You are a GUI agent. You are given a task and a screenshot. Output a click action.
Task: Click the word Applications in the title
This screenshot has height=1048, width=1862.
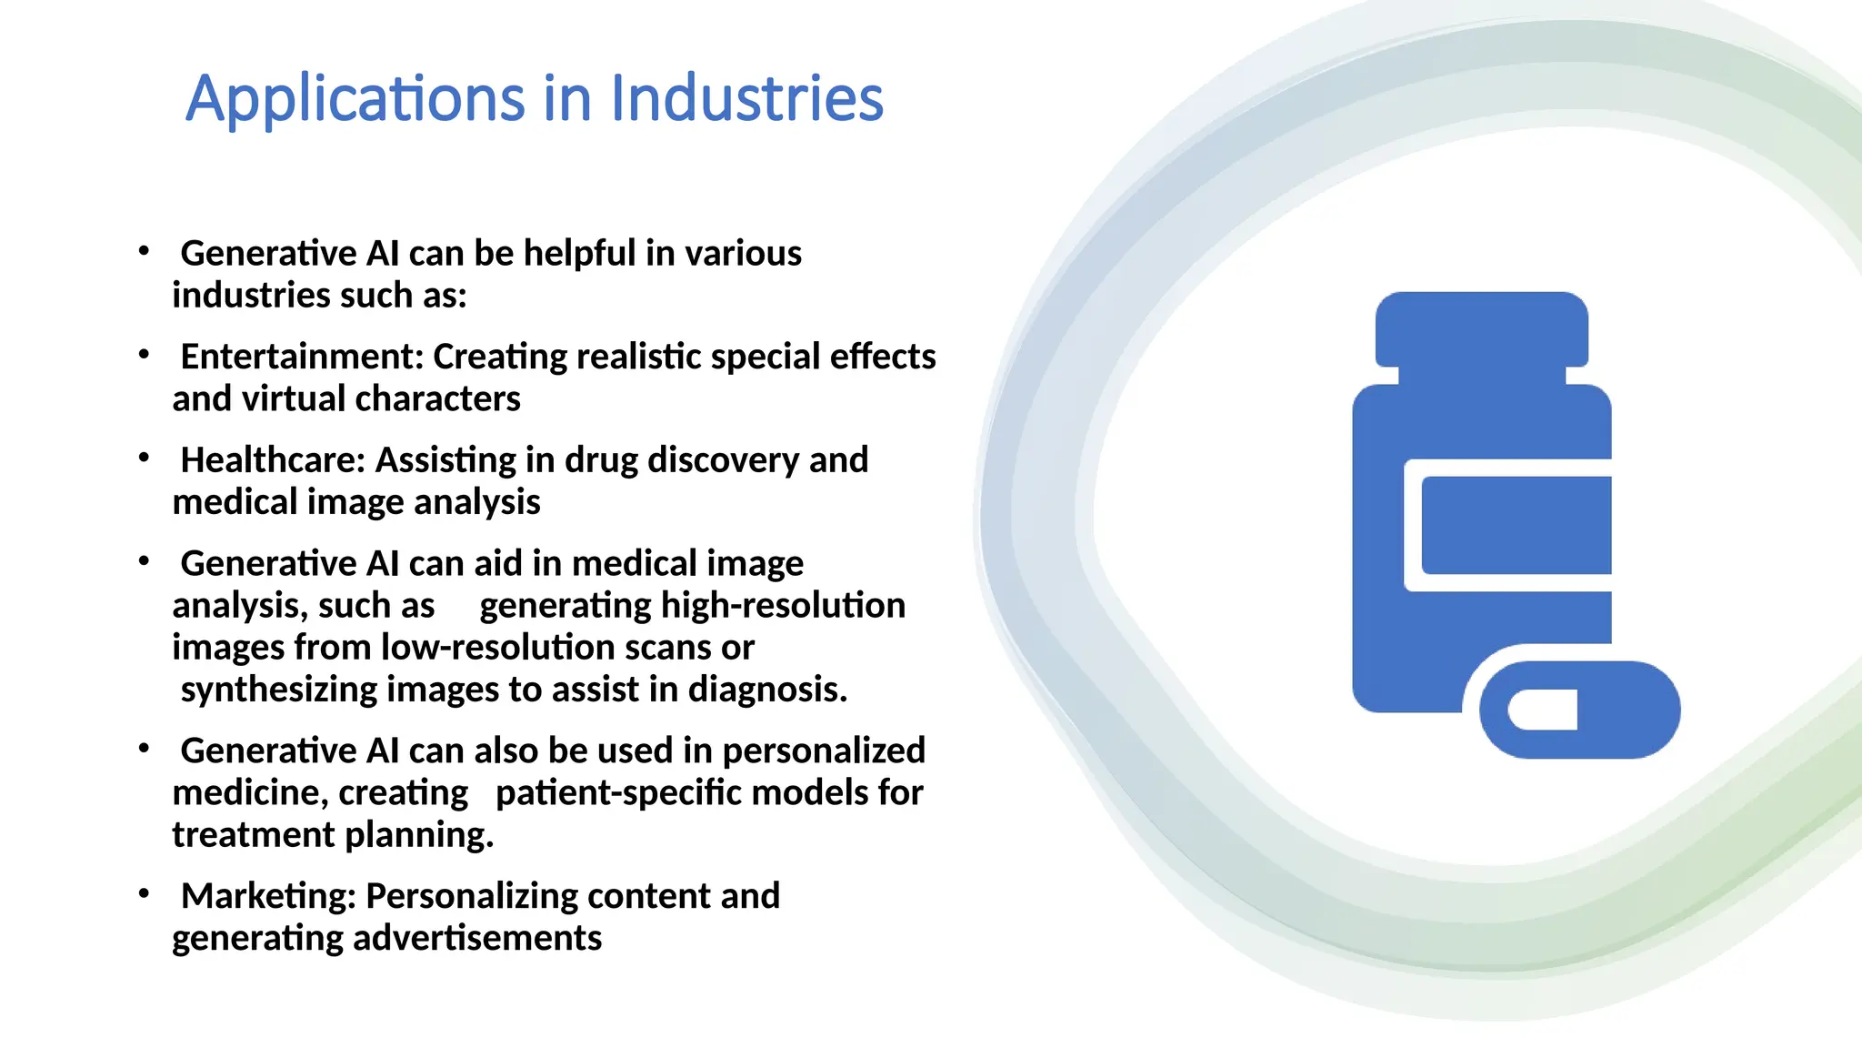pos(355,99)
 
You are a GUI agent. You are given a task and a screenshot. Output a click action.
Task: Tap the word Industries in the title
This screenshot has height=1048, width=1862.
pos(746,97)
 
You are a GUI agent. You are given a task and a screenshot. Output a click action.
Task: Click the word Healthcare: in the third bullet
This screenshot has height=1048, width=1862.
pos(273,460)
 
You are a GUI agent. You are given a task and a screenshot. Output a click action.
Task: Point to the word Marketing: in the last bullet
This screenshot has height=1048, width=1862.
pos(268,896)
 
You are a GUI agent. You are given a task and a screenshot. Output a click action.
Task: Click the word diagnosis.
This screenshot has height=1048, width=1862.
pos(767,690)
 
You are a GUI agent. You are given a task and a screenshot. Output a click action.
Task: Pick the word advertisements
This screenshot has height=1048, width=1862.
pos(476,938)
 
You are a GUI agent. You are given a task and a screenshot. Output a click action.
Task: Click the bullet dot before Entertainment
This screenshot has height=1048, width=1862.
pos(144,355)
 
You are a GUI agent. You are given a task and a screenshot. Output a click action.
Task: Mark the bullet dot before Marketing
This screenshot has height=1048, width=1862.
pos(144,894)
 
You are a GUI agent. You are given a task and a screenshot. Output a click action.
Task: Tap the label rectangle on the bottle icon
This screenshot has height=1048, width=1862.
pos(1516,525)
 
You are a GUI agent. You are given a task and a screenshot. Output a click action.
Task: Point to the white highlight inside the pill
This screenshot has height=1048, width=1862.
pos(1543,710)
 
